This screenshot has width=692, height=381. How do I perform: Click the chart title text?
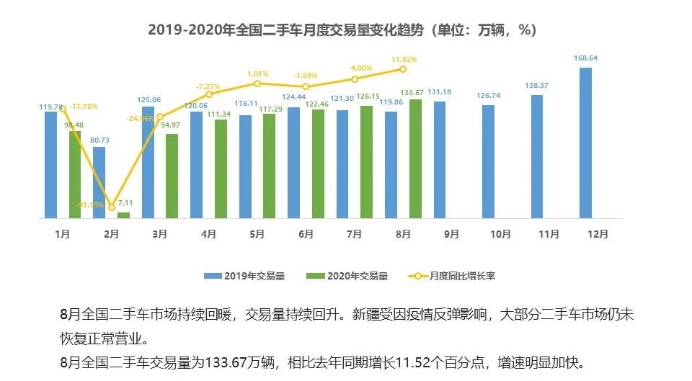pyautogui.click(x=342, y=30)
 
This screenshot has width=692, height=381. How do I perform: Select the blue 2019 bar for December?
pyautogui.click(x=585, y=143)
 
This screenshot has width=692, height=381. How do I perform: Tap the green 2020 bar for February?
pyautogui.click(x=124, y=215)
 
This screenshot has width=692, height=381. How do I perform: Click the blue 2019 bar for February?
pyautogui.click(x=99, y=182)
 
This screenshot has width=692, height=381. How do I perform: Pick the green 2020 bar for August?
pyautogui.click(x=415, y=158)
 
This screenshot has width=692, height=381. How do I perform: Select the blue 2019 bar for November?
pyautogui.click(x=537, y=156)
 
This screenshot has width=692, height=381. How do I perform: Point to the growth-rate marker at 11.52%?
pyautogui.click(x=403, y=69)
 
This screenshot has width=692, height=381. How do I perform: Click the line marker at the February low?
pyautogui.click(x=112, y=207)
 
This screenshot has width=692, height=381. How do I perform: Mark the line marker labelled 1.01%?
pyautogui.click(x=257, y=84)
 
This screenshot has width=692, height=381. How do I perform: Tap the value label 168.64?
pyautogui.click(x=585, y=58)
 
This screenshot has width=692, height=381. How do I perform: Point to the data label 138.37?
pyautogui.click(x=537, y=86)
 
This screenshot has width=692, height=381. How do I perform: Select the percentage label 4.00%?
pyautogui.click(x=361, y=68)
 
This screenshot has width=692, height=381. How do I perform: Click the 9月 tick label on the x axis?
pyautogui.click(x=452, y=234)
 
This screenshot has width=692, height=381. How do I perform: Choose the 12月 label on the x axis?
pyautogui.click(x=598, y=234)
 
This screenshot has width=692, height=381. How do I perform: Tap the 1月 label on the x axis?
pyautogui.click(x=63, y=234)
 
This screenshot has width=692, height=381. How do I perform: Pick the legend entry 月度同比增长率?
pyautogui.click(x=458, y=275)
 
